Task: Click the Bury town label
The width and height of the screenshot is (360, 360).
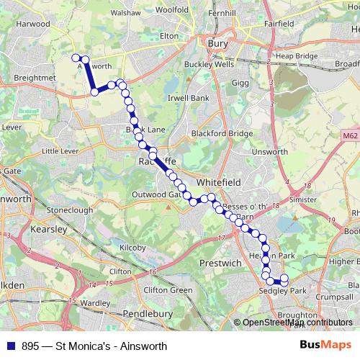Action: pos(217,44)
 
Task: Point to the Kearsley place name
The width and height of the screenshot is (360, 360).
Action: pos(49,229)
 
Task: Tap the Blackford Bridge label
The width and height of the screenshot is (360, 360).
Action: pos(222,133)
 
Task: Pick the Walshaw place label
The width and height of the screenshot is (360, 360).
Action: pos(125,13)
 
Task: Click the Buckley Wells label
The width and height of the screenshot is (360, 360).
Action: pos(209,63)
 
